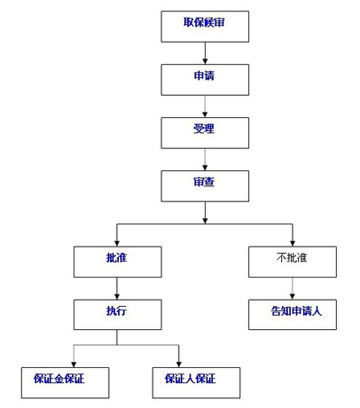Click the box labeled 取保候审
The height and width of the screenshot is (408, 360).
[205, 27]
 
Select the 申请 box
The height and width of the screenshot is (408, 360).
[205, 78]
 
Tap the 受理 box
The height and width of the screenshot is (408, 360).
[205, 131]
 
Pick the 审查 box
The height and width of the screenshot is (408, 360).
[205, 184]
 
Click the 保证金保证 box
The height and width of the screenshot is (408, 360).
[69, 380]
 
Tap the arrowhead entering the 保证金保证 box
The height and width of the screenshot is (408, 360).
[73, 359]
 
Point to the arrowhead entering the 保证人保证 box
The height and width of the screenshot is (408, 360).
[180, 359]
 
